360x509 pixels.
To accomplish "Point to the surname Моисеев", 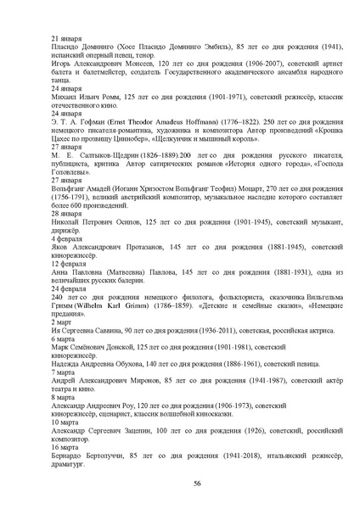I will coord(132,73).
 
